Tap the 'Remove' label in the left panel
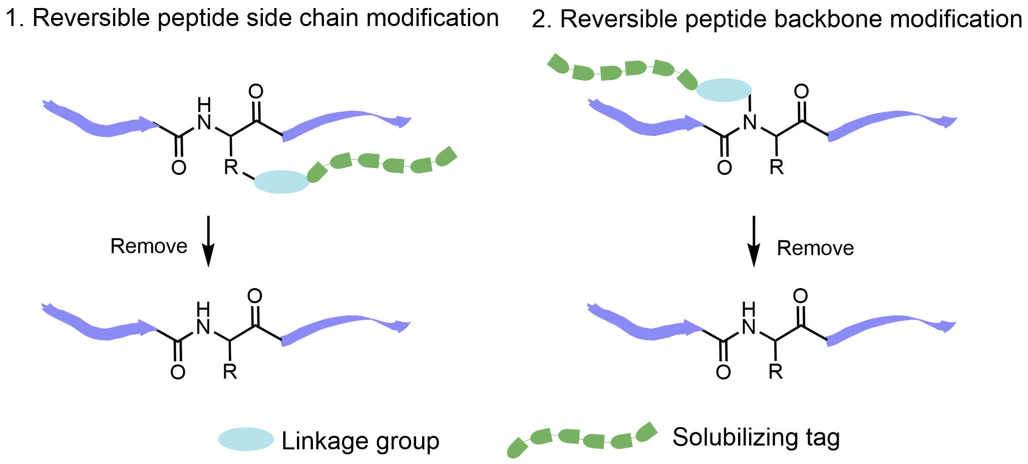pyautogui.click(x=149, y=247)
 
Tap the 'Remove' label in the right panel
pyautogui.click(x=815, y=249)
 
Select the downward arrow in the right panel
pyautogui.click(x=754, y=242)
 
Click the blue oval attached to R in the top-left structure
pyautogui.click(x=281, y=182)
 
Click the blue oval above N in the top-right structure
pyautogui.click(x=724, y=90)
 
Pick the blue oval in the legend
pyautogui.click(x=246, y=439)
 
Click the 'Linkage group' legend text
pyautogui.click(x=361, y=441)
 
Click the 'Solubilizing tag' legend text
pyautogui.click(x=756, y=437)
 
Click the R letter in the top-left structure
pyautogui.click(x=231, y=167)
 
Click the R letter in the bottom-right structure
pyautogui.click(x=775, y=371)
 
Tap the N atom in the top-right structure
pyautogui.click(x=750, y=122)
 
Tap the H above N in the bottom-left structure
pyautogui.click(x=203, y=309)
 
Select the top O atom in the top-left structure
pyautogui.click(x=256, y=92)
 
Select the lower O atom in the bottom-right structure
pyautogui.click(x=723, y=372)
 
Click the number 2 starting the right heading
pyautogui.click(x=539, y=20)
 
